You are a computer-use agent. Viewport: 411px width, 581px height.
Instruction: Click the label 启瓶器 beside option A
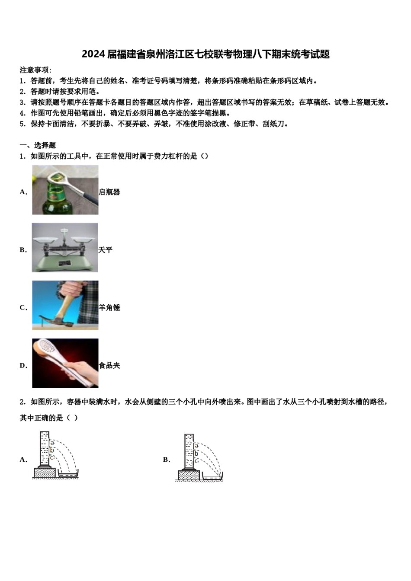point(109,192)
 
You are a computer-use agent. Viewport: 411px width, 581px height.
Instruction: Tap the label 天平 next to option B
point(105,250)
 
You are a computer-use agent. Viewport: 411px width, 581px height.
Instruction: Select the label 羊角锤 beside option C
point(109,308)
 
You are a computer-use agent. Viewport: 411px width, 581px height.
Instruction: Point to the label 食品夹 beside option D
point(109,366)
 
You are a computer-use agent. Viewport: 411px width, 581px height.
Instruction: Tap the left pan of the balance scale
point(46,239)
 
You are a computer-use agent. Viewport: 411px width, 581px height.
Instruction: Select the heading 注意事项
point(35,70)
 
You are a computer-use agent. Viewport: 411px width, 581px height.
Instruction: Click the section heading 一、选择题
point(38,145)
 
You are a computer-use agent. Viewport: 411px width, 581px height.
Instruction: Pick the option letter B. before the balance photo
point(23,250)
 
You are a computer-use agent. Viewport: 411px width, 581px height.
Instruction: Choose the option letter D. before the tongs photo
point(23,366)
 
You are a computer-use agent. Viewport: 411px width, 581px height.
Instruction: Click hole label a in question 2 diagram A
point(52,442)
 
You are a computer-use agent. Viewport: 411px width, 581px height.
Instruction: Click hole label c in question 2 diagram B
point(196,460)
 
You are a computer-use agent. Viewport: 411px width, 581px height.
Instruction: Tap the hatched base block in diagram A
point(44,473)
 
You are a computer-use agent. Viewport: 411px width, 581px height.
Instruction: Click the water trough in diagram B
point(212,476)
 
